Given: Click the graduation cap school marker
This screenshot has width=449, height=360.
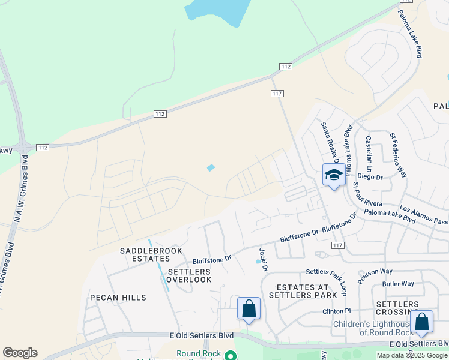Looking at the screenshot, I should point(334,175).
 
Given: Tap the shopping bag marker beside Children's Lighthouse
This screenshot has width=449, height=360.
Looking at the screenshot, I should point(422,323).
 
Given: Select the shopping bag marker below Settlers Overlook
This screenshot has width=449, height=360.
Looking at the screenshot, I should point(249,309).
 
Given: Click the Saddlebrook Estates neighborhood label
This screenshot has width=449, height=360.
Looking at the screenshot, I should point(146,254).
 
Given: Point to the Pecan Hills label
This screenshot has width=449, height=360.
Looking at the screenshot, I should point(118,298).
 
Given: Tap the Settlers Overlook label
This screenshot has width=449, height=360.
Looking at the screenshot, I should point(189,275).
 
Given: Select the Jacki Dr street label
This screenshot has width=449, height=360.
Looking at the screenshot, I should point(262,259).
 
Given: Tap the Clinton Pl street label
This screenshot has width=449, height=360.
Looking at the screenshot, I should point(336,311).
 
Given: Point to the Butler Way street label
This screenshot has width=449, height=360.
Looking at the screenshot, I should point(399,284).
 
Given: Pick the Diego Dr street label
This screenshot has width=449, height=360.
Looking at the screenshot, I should point(370,177).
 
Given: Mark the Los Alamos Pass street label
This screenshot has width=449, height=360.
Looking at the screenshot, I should point(423,212).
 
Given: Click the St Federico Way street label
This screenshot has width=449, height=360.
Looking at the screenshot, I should point(399,155).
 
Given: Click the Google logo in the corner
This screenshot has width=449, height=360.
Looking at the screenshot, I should point(20,353).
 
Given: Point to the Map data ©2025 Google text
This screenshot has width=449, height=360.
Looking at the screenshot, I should point(411,355).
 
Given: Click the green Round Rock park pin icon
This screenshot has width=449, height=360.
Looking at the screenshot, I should point(229,355).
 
